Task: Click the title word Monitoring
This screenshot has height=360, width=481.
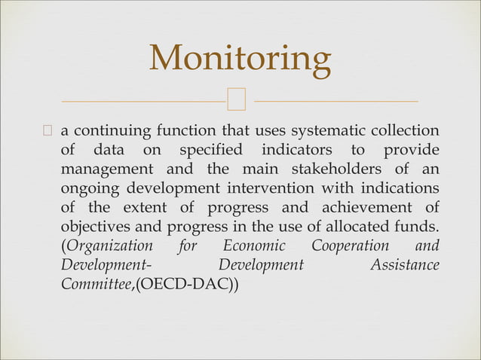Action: (x=240, y=59)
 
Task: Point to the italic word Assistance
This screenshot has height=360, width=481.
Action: (x=405, y=267)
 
